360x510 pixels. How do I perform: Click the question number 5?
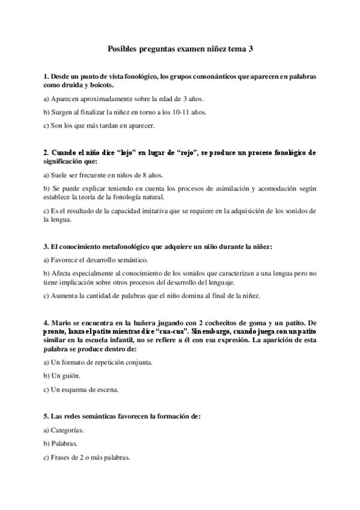46,416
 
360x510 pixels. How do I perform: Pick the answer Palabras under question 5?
65,444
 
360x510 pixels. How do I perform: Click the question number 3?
46,247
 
